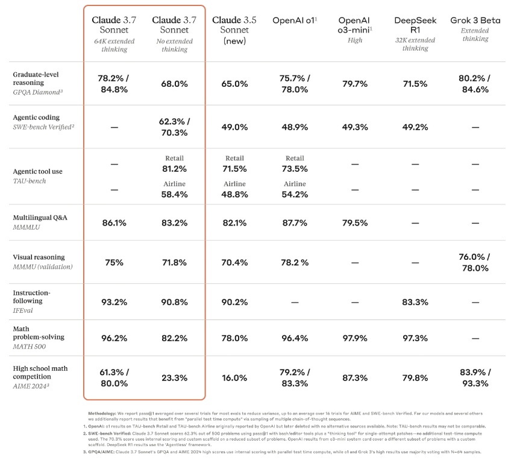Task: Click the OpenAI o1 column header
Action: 295,20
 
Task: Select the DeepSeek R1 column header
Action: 415,25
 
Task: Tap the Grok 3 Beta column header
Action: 475,20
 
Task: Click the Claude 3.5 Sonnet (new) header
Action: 234,30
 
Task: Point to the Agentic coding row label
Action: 36,118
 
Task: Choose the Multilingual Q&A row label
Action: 40,218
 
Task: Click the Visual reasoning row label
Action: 39,257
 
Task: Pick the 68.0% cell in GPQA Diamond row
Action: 174,84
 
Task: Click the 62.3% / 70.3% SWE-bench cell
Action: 174,127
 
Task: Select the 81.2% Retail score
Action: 174,169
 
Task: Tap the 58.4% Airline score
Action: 174,194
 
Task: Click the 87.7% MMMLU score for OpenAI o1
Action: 295,223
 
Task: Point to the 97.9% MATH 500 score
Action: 355,338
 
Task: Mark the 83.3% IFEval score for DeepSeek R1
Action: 415,302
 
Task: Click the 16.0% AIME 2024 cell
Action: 234,377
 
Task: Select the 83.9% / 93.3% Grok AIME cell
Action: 475,377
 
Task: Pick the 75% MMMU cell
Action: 114,263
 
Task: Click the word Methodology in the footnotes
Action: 102,414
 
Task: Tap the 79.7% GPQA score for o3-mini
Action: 355,84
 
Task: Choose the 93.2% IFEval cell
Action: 114,302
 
